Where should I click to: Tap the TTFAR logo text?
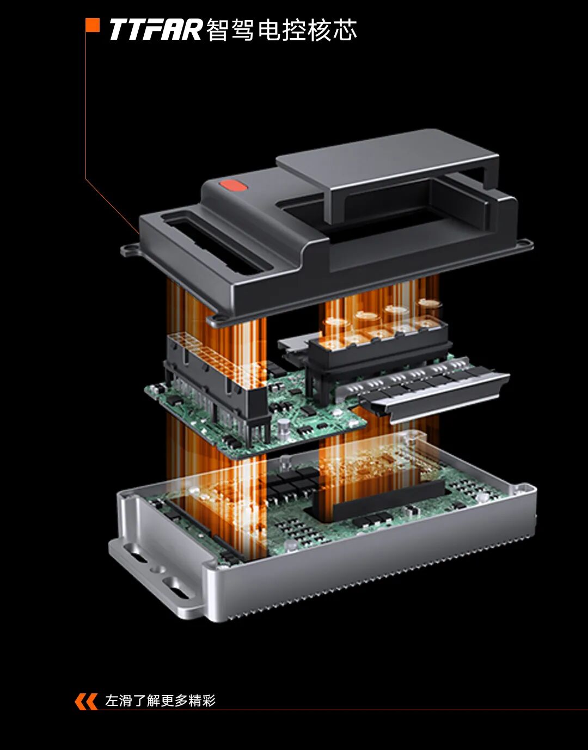pos(156,30)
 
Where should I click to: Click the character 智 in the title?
pos(218,30)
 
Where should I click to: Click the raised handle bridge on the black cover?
pos(386,166)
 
